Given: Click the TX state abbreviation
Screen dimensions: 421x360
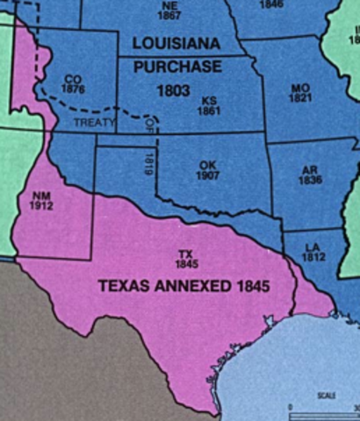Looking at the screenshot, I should [184, 253].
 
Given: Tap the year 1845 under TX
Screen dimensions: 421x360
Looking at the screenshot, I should [185, 263].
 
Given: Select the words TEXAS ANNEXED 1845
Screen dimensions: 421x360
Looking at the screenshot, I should [184, 286].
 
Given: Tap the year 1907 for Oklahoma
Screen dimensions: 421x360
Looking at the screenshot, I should [206, 176].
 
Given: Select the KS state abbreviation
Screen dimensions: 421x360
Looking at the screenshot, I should [208, 101].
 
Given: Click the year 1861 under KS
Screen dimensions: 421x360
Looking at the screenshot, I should [208, 111].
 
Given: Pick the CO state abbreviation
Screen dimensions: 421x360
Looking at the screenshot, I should [73, 79].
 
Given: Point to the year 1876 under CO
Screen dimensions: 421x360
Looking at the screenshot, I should [73, 89].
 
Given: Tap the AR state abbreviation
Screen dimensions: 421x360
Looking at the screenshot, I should [308, 170].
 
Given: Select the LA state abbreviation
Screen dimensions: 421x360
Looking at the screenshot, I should [313, 246].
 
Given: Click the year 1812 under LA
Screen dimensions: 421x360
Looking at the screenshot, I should [313, 256].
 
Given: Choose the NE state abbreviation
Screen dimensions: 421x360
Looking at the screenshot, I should [170, 4].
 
